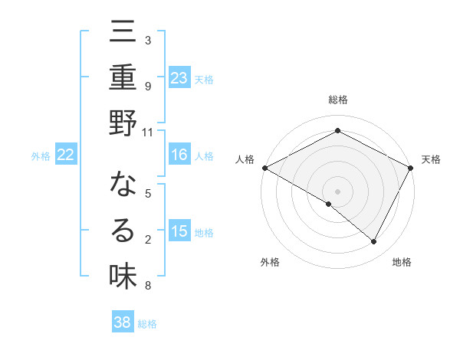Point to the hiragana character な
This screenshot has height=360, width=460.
coord(123,185)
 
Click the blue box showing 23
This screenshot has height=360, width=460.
coord(179,78)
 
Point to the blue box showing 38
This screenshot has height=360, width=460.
coord(123,322)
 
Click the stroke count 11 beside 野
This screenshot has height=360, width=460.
coord(148,133)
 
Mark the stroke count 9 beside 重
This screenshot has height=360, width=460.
coord(148,86)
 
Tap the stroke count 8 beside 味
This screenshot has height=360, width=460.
coord(148,286)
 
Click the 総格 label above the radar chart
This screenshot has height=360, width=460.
coord(338,100)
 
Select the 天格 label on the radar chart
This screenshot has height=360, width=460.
coord(431,159)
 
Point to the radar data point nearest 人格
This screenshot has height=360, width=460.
coord(264,167)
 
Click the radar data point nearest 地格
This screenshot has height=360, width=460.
coord(374,242)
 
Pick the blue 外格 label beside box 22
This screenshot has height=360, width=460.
coord(41,156)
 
